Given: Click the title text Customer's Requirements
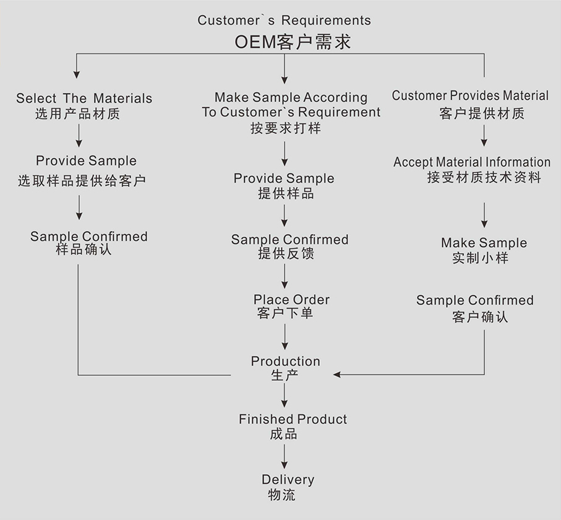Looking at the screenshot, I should [284, 20].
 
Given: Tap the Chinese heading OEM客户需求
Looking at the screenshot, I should [293, 42].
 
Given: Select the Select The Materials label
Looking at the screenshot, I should [84, 98].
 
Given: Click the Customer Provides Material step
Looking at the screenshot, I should [470, 96].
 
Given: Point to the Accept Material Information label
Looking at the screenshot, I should [472, 162].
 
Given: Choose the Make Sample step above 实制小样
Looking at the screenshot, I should [484, 243].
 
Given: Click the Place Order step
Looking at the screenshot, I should [291, 300].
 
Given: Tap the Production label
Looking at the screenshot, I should [285, 361].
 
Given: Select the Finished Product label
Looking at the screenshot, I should [293, 419].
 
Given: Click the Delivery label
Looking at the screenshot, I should [288, 480].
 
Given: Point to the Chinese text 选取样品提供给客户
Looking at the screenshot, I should [82, 181].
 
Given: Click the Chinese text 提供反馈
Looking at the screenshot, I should [286, 253].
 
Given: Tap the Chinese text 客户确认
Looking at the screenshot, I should [480, 317].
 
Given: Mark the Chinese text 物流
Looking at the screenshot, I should [282, 495].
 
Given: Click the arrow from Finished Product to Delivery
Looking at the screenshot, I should [285, 456].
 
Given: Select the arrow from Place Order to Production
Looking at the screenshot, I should [285, 337].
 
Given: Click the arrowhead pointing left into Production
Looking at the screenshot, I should [337, 374].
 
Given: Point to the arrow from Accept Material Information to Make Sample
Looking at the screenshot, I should [484, 215].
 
